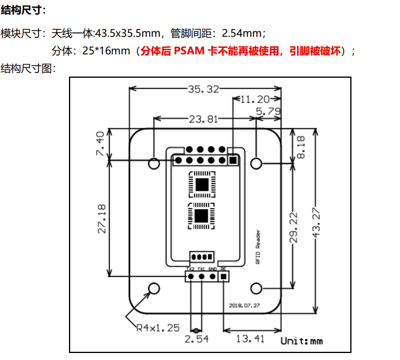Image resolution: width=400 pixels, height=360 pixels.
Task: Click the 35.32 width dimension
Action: point(204,89)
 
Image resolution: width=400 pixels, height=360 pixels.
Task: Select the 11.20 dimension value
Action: point(254,99)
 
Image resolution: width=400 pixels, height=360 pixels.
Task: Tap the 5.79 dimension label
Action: point(269,110)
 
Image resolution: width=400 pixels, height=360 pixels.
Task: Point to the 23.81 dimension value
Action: point(203,119)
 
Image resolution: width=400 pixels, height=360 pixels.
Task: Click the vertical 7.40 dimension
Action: point(100,143)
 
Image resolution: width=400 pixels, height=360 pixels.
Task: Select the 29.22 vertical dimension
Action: point(294,227)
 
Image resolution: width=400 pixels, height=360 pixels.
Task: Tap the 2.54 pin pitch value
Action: point(197,338)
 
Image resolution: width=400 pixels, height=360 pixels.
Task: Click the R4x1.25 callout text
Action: point(158,327)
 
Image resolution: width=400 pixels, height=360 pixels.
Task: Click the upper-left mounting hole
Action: point(154,162)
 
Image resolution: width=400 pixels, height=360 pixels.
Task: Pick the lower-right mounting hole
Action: point(257,288)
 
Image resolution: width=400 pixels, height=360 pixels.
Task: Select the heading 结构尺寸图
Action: point(28,68)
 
